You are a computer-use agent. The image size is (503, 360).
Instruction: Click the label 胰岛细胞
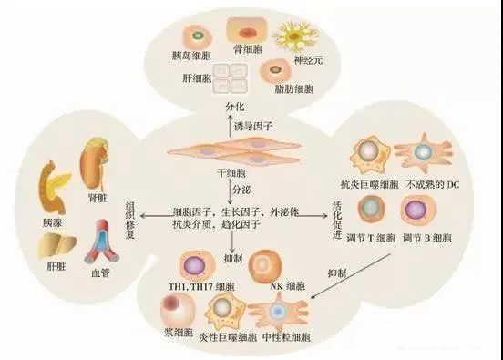pyautogui.click(x=195, y=64)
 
